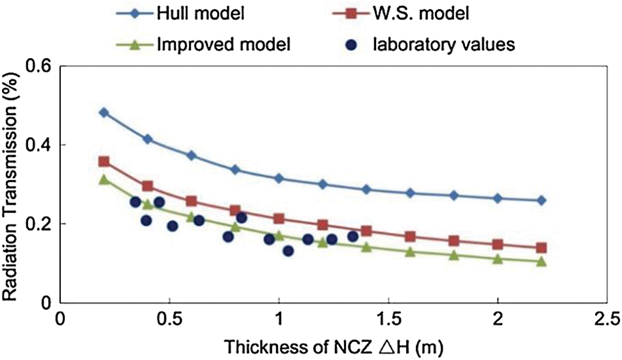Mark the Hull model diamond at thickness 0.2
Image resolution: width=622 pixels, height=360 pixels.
tap(104, 113)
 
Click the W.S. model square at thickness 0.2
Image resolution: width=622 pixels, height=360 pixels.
tap(104, 162)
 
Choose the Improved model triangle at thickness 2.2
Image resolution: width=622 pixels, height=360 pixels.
tap(541, 261)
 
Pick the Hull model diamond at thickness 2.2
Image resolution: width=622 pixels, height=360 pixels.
tap(541, 200)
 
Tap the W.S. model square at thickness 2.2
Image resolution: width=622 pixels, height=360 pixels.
tap(541, 248)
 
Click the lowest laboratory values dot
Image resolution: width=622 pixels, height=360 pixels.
tap(288, 251)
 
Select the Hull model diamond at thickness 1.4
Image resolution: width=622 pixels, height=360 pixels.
tap(366, 190)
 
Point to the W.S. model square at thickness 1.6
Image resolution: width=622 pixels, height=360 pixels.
tap(410, 237)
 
